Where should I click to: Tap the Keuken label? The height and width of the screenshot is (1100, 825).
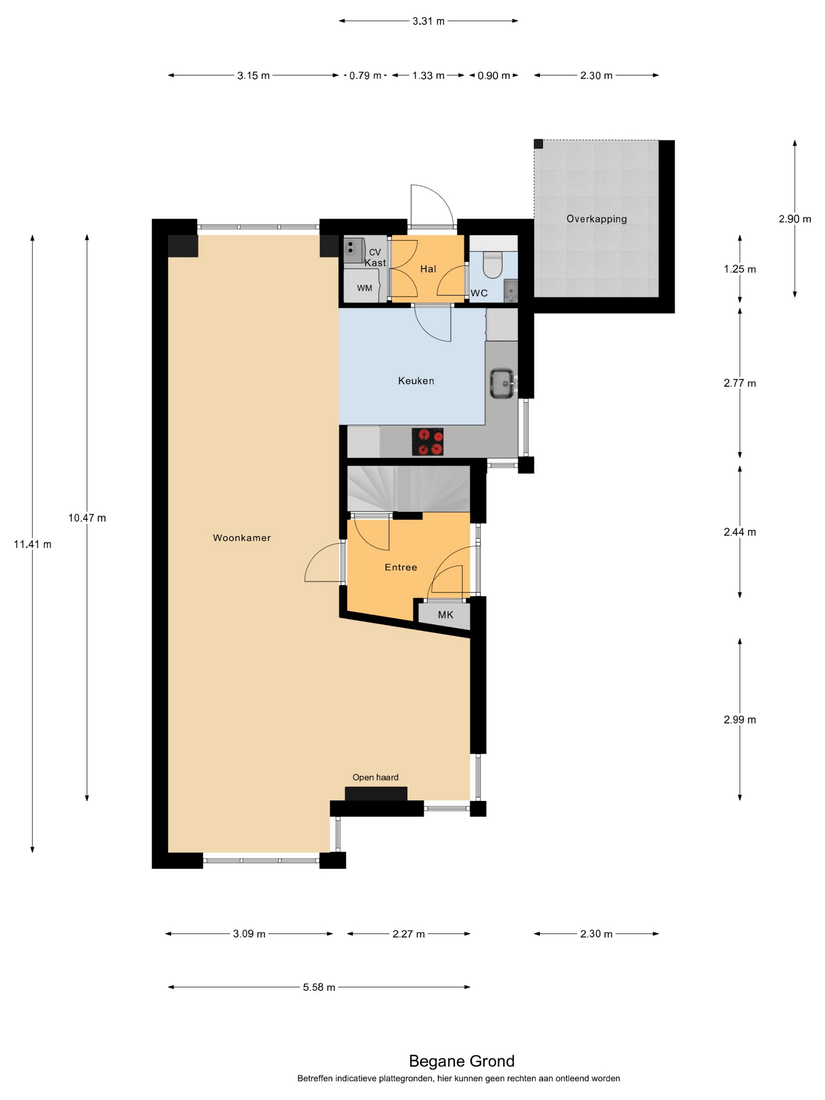(416, 381)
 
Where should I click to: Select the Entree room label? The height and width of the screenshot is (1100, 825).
(401, 567)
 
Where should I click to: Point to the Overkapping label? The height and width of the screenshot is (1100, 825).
(597, 219)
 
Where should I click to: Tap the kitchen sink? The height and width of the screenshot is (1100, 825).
(502, 383)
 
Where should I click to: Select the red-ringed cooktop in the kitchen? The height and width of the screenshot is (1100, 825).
(428, 442)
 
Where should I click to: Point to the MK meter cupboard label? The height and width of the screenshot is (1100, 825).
(445, 615)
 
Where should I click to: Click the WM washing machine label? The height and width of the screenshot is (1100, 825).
(365, 288)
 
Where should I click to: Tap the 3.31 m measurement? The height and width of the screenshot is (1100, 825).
(429, 21)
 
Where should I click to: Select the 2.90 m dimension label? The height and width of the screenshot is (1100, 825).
(795, 219)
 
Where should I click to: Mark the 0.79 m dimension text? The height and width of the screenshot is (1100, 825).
(365, 75)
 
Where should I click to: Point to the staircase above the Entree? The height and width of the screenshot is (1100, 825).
(408, 489)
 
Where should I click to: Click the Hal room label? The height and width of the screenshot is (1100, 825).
(428, 269)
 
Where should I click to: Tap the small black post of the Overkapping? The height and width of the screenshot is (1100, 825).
(539, 144)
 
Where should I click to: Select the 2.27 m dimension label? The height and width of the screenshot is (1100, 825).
(409, 934)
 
